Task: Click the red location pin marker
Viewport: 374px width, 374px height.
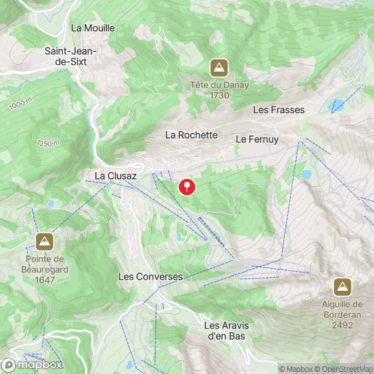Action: coord(188,186)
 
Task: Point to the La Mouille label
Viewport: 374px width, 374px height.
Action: coord(93,28)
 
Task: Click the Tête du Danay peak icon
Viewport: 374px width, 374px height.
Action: coord(218,69)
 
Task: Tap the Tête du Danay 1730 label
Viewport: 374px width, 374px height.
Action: coord(218,90)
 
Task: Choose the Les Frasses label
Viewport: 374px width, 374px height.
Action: coord(278,110)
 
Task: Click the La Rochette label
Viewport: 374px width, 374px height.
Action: coord(191,135)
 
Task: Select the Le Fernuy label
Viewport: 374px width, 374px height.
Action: coord(253,138)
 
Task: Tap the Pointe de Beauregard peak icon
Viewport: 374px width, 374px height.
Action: coord(45,241)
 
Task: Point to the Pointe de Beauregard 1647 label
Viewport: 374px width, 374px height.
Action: coord(45,268)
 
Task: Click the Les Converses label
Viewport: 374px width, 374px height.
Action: coord(150,277)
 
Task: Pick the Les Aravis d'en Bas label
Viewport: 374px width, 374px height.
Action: coord(225,330)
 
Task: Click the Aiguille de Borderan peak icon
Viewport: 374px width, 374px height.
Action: coord(342,286)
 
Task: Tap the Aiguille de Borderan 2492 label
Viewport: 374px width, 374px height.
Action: coord(342,314)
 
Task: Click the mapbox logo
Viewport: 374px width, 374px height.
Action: coord(32,364)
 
